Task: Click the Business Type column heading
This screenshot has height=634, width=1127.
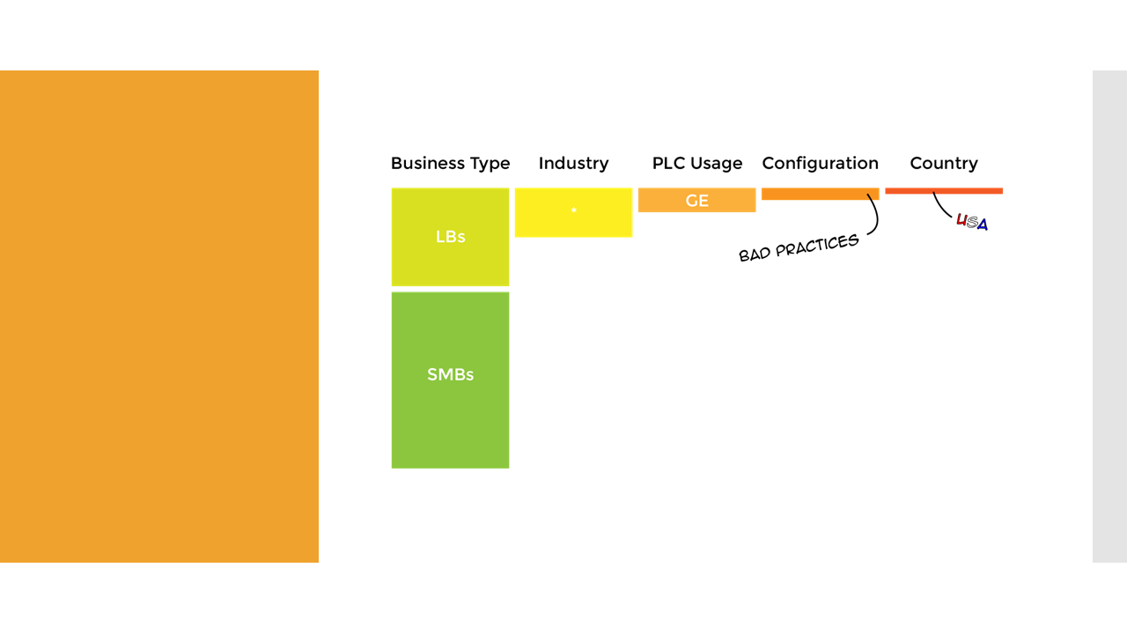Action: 450,164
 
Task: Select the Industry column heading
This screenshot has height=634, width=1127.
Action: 573,164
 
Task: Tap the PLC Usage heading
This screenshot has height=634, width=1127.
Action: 696,164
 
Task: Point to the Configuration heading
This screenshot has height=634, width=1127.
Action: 820,164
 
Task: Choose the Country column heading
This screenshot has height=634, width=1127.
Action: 943,164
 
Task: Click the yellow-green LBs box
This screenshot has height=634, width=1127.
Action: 450,237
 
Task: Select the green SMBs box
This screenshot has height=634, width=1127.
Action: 450,380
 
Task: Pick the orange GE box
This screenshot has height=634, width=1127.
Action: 696,200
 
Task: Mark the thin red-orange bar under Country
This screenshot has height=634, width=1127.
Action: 943,190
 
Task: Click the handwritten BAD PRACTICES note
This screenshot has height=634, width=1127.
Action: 799,247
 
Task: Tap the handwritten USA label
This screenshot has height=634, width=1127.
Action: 972,223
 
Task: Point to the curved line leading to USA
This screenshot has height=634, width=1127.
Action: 942,210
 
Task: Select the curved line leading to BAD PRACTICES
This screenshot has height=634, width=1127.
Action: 874,216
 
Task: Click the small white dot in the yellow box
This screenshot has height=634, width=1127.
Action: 574,210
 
